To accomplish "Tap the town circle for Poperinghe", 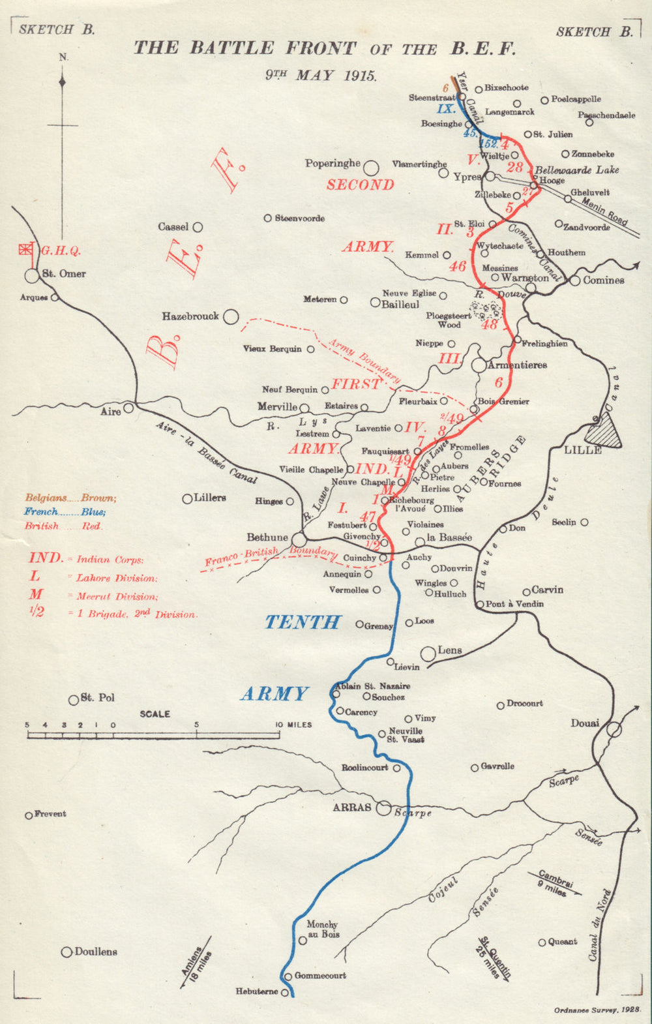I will coord(371,168).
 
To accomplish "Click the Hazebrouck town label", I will coord(190,316).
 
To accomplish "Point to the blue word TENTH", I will coord(303,622).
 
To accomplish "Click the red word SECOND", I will coord(361,185).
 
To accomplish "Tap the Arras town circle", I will coord(384,807).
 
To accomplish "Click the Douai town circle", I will coord(614,730).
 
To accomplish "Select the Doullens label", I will coord(96,952).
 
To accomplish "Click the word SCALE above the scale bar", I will coord(155,714).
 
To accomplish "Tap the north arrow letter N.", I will coord(63,57).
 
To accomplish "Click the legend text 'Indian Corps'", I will coord(110,560).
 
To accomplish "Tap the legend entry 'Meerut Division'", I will coord(117,596).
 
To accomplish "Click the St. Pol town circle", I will coord(74,700).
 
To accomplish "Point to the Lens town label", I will coord(450,650).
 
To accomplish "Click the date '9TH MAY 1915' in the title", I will coord(321,74).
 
